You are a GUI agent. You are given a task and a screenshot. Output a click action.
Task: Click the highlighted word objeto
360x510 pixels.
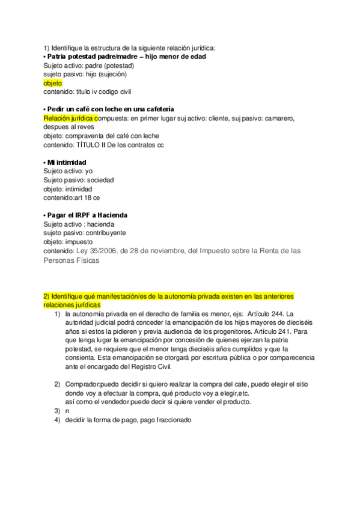tap(53, 83)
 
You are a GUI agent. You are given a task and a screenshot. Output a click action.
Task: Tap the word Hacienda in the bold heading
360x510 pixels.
tap(112, 215)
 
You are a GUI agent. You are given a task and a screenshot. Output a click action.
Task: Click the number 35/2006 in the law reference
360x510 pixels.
tap(102, 251)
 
